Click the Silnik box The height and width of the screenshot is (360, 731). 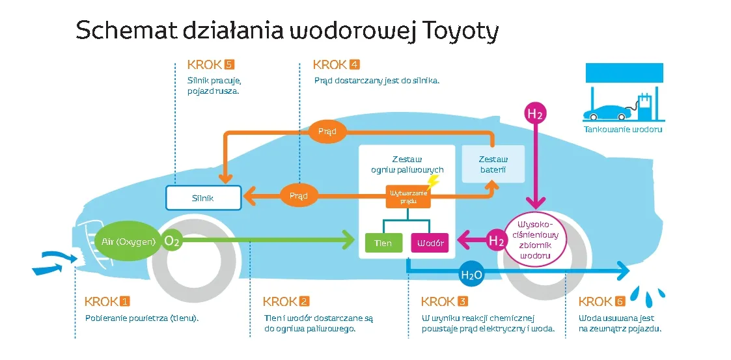pos(203,198)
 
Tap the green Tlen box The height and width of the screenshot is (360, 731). pos(383,243)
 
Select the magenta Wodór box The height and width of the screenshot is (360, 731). pos(430,243)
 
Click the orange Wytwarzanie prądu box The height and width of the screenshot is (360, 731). pos(408,197)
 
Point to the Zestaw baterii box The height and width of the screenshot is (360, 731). pos(493,164)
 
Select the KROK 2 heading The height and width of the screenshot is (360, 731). pos(286,301)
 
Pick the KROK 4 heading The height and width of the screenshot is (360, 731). pos(336,64)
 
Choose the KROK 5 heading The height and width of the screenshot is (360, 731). pos(210,64)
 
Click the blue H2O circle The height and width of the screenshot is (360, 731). pos(471,275)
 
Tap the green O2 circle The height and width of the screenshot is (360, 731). pos(172,242)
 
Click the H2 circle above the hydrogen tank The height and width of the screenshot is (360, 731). pos(534,114)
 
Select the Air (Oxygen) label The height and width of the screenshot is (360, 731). pos(129,242)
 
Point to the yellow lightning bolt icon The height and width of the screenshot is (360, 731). pos(433,182)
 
